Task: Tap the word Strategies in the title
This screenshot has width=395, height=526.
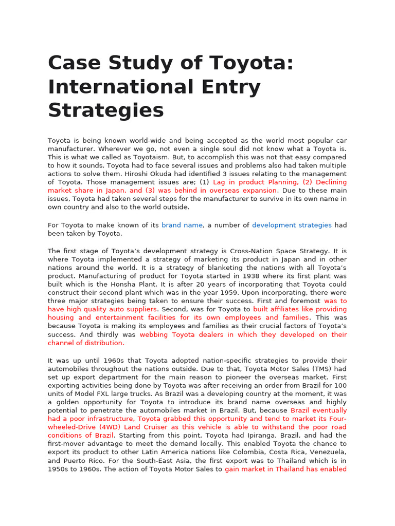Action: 105,110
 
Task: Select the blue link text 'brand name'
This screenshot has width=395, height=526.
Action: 182,225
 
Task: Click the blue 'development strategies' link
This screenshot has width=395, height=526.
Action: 292,225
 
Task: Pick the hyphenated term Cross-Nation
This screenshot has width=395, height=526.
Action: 254,251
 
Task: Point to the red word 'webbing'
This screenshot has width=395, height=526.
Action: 154,334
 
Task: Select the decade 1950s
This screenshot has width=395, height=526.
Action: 59,468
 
